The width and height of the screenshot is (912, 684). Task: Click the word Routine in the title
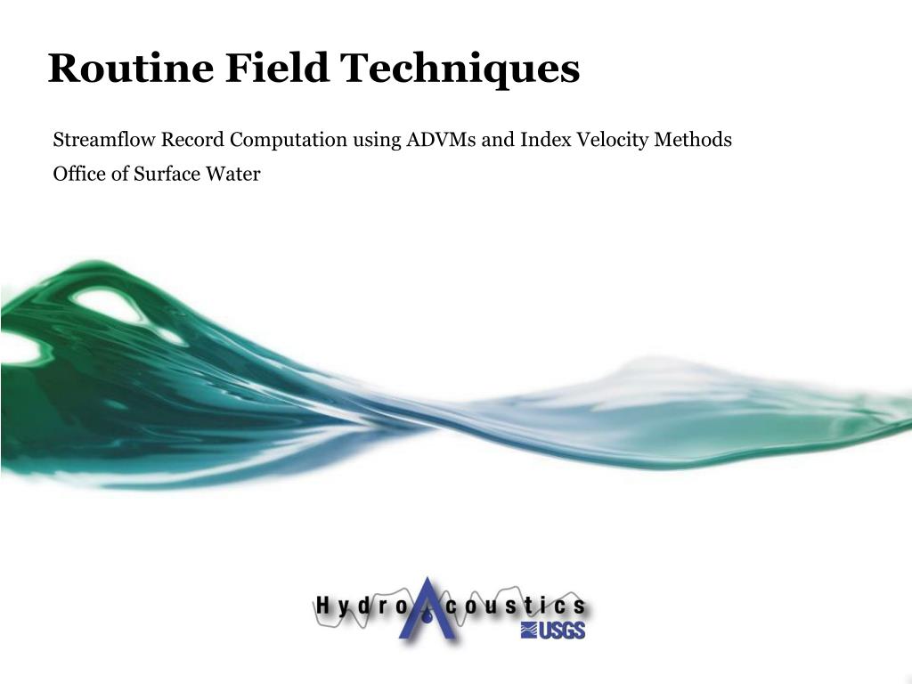(x=131, y=68)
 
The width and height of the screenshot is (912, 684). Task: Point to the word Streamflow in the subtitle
(x=105, y=140)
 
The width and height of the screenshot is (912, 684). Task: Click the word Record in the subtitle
(x=192, y=140)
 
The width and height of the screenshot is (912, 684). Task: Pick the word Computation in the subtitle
(x=289, y=141)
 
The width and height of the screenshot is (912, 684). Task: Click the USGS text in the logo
(x=553, y=631)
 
